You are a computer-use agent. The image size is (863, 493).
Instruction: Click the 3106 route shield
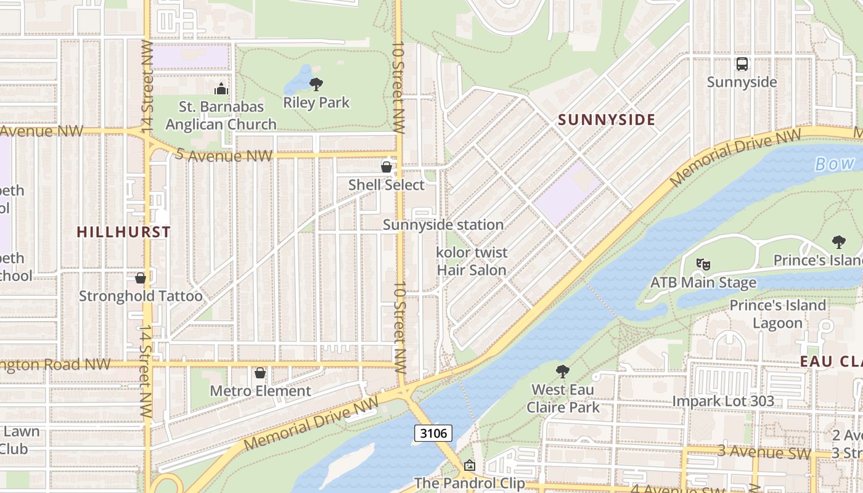click(433, 433)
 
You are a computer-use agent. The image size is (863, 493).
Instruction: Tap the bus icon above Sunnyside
click(742, 64)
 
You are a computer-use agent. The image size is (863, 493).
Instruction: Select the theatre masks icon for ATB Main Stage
click(703, 264)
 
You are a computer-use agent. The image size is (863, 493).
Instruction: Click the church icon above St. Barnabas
click(221, 89)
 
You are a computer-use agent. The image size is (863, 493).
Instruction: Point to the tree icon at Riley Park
click(316, 84)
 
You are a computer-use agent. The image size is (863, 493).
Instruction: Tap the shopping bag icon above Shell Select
click(387, 167)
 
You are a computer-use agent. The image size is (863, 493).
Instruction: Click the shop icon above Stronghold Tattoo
click(141, 278)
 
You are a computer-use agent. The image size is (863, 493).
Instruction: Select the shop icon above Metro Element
click(260, 373)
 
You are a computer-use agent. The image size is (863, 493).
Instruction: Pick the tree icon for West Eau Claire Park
click(562, 371)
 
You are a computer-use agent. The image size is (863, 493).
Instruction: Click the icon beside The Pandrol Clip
click(470, 465)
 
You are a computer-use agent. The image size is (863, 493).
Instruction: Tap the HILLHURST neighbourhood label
click(123, 232)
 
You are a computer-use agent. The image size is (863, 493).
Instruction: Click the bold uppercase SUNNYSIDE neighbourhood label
click(607, 120)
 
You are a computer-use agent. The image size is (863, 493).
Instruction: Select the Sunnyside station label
click(443, 225)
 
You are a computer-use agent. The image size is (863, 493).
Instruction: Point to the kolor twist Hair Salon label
click(472, 261)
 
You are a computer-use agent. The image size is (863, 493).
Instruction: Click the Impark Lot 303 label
click(723, 401)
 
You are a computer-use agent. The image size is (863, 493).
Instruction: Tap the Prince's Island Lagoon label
click(777, 314)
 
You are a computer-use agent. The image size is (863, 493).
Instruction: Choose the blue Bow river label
click(835, 163)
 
